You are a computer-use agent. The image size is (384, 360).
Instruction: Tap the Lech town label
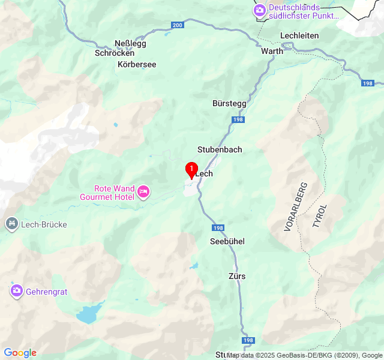click(x=204, y=174)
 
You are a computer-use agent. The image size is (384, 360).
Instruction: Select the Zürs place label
click(x=237, y=276)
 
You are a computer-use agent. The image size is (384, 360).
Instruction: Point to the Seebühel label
click(x=227, y=241)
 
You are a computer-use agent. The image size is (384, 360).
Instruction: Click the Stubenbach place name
click(x=220, y=149)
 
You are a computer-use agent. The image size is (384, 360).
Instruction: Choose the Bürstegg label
click(x=229, y=103)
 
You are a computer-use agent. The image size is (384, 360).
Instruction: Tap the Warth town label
click(x=272, y=52)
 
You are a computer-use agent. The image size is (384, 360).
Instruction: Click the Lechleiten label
click(x=299, y=36)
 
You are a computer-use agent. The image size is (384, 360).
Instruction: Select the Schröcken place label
click(x=114, y=53)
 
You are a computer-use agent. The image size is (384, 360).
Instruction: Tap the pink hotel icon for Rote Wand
click(x=143, y=192)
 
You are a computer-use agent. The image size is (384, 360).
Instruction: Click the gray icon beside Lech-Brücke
click(x=11, y=224)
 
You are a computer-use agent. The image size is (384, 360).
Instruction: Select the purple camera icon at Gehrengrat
click(x=16, y=290)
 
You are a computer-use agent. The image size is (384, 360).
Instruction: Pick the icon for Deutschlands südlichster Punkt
click(x=259, y=10)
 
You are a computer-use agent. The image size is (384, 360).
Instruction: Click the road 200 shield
click(x=178, y=25)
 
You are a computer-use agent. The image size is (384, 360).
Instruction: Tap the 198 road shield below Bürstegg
click(x=239, y=120)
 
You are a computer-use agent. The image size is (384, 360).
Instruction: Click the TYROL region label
click(x=320, y=216)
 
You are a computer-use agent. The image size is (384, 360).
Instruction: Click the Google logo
click(x=20, y=353)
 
